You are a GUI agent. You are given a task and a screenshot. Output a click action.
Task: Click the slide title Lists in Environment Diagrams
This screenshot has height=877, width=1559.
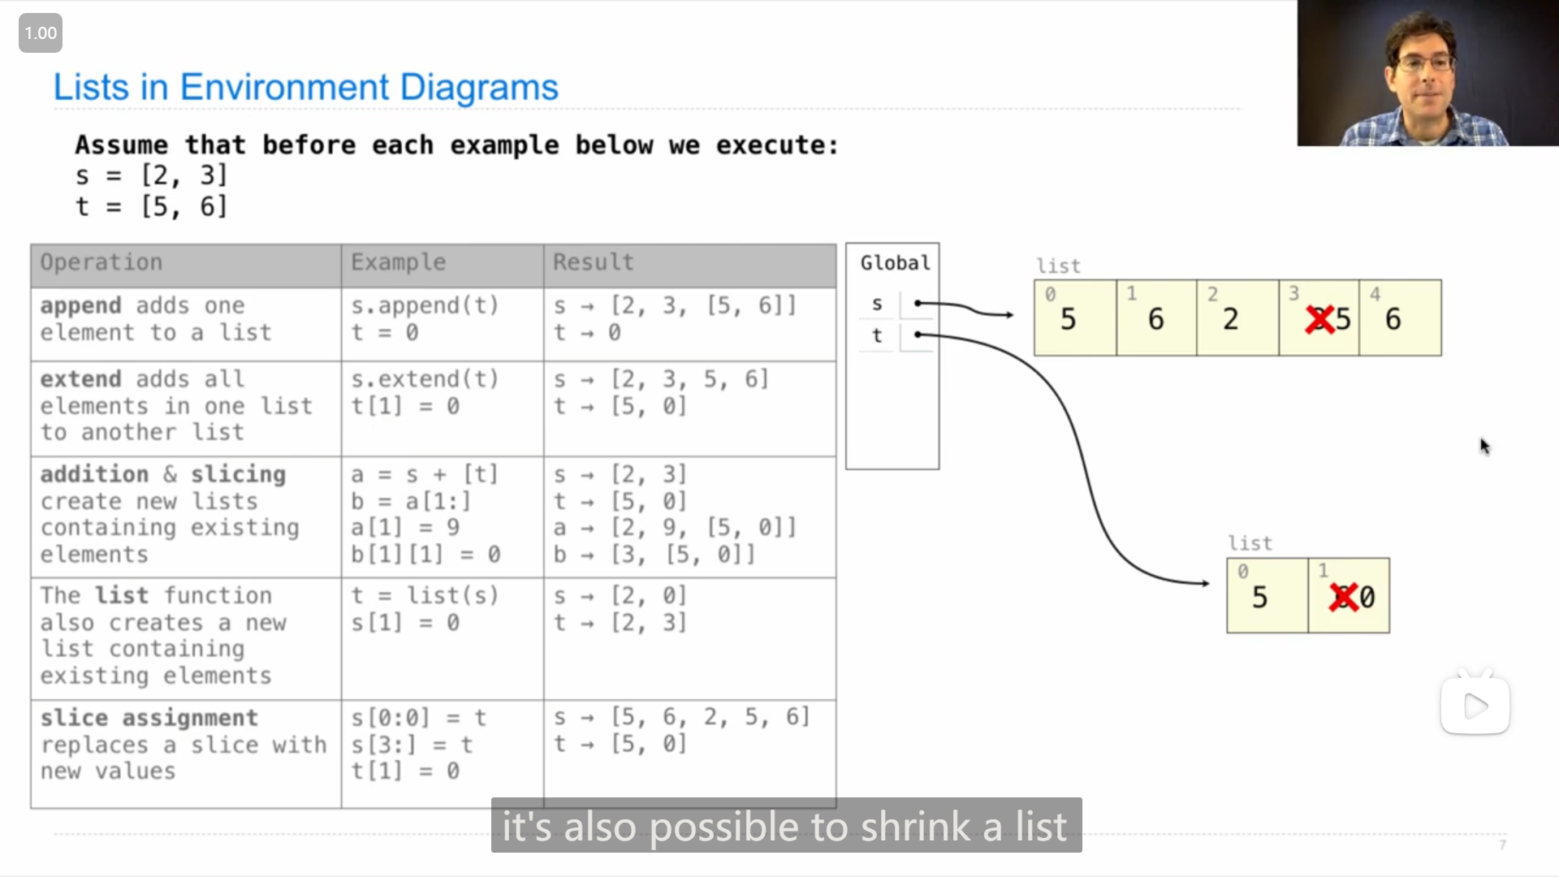(305, 87)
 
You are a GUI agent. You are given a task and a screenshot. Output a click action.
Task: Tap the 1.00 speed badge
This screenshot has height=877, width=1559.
(41, 33)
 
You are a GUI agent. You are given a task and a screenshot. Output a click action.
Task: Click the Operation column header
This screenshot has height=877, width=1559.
(101, 262)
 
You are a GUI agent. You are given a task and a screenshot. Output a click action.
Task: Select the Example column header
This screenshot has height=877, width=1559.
(398, 262)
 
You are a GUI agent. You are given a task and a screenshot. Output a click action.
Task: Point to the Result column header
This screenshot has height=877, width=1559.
(593, 262)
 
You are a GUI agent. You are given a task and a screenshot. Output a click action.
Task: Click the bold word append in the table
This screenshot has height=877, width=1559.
(80, 306)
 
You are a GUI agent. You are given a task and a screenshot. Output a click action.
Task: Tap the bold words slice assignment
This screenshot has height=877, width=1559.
(149, 718)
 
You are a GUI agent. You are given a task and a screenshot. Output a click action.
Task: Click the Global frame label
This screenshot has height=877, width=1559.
(895, 263)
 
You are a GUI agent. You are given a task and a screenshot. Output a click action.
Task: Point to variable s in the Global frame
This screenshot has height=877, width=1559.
(877, 304)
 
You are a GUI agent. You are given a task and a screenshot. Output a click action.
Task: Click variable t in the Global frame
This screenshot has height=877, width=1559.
(877, 335)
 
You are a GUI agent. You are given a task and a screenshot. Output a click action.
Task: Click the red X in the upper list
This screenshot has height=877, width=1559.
(1319, 319)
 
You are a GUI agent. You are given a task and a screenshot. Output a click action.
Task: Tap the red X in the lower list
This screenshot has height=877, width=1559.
(1344, 597)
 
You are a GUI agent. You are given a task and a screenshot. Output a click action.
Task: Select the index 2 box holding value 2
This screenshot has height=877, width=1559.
(1237, 318)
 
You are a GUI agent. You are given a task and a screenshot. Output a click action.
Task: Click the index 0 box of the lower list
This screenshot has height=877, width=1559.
(1267, 595)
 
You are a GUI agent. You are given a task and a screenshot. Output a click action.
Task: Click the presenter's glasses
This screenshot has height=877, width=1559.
(1425, 63)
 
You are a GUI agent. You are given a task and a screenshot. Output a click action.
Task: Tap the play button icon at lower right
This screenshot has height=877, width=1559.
(1475, 706)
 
